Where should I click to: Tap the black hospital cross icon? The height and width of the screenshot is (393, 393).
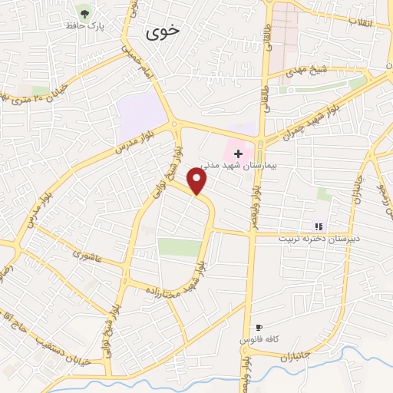point(238,154)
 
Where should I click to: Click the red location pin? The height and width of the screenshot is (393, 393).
point(197,181)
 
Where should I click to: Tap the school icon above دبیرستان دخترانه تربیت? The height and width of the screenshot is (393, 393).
point(319,226)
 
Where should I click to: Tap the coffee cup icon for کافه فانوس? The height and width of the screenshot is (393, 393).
point(259,327)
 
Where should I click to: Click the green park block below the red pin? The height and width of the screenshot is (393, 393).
point(178,247)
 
